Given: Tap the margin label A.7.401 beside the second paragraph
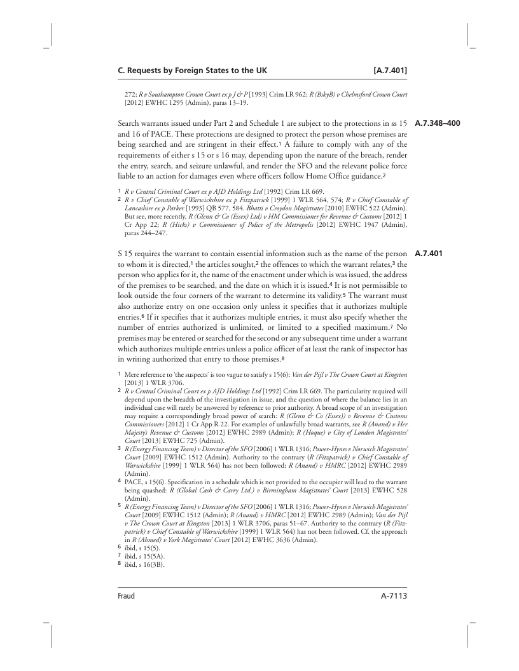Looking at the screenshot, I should (x=428, y=255).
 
